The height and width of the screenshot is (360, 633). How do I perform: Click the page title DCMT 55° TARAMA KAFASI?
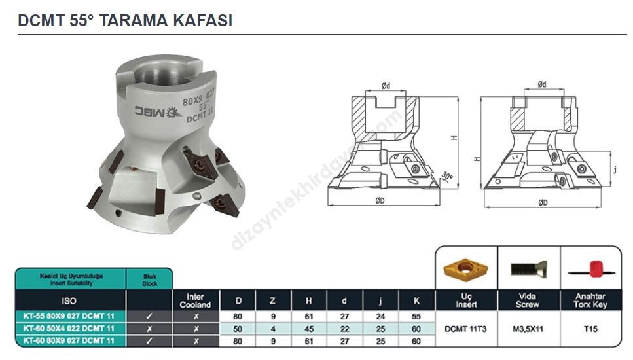click(x=125, y=20)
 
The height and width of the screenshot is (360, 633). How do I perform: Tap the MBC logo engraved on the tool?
click(x=158, y=112)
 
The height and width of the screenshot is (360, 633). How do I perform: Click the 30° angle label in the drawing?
click(x=447, y=176)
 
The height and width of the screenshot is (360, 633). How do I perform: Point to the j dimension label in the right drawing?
click(x=615, y=170)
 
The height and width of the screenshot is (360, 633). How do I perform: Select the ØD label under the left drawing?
click(x=380, y=200)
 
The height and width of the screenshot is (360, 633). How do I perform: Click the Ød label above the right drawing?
click(x=542, y=84)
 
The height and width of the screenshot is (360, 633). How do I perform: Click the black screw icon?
click(x=528, y=268)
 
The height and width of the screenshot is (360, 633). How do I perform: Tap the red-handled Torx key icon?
click(x=591, y=269)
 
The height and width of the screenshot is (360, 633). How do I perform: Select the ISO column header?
click(x=69, y=301)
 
